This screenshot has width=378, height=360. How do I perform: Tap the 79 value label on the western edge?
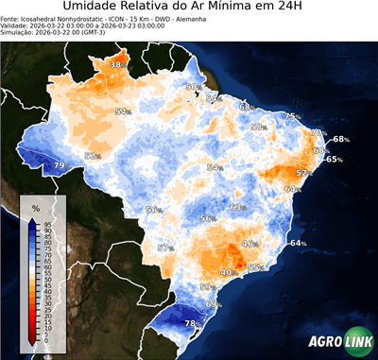pos(59,165)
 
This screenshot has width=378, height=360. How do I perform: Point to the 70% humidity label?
pos(318,132)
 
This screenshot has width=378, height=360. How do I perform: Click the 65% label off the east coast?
pos(334,160)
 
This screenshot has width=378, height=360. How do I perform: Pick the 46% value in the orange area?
pos(249,244)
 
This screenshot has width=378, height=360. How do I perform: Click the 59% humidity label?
pos(208,286)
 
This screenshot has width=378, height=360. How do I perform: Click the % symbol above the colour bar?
pos(35,207)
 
